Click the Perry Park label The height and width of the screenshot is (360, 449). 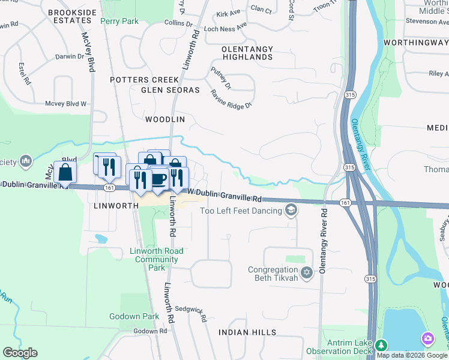(x=119, y=22)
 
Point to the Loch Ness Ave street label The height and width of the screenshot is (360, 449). (x=226, y=27)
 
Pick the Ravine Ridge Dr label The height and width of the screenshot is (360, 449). (x=231, y=99)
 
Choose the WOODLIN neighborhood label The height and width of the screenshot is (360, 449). (x=165, y=119)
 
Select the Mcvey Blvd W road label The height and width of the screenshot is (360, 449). (x=66, y=103)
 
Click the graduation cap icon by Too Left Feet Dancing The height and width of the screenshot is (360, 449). (x=291, y=209)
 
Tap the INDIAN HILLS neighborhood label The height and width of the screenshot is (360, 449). (x=247, y=332)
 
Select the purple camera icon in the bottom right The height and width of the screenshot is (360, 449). (x=428, y=339)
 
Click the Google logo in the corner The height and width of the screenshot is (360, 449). (x=20, y=353)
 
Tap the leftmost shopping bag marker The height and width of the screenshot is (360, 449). (x=65, y=172)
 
